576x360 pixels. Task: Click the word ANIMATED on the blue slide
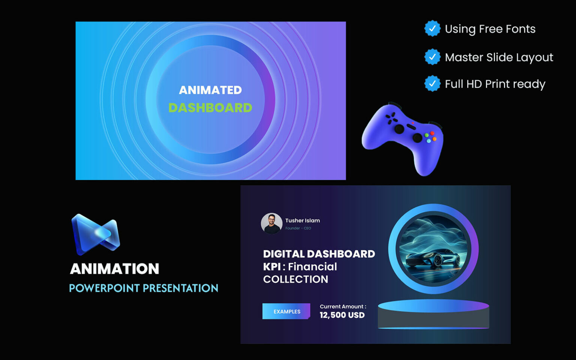210,90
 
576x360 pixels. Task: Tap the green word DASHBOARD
210,108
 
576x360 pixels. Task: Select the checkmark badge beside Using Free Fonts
432,28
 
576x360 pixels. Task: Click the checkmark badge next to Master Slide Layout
432,57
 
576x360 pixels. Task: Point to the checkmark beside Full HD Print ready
432,84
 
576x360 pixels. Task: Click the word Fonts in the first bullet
520,29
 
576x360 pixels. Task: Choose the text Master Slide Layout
499,57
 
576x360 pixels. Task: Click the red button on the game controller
432,133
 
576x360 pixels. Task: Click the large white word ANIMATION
115,268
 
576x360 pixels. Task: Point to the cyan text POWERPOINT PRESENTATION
144,288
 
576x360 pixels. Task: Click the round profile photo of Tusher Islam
271,223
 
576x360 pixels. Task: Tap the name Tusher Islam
303,220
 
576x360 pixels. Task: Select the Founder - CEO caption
298,228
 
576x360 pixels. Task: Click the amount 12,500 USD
342,315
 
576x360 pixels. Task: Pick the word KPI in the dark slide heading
271,267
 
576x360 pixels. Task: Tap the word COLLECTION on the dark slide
295,279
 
